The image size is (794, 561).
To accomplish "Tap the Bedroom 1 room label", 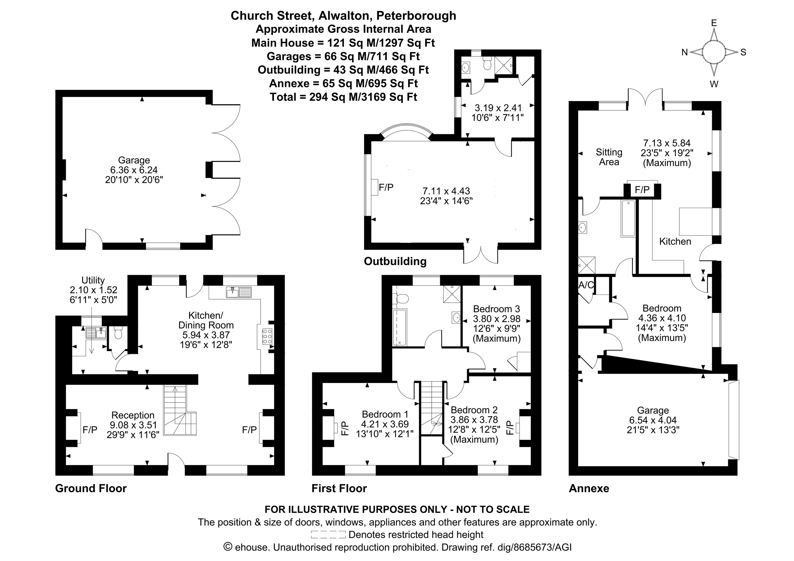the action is point(385,414).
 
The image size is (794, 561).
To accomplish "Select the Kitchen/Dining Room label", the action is point(206,320).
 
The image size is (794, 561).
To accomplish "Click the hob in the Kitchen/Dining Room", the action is point(267,336).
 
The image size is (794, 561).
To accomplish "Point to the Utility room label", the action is point(93,280).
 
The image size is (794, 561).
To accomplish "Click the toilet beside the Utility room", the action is point(118,333).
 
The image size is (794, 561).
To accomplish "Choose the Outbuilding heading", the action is point(395,261).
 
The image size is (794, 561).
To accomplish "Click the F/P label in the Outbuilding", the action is point(386,187).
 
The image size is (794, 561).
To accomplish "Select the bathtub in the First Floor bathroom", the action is point(400,327).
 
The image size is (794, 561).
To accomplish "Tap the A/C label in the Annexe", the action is point(586,285).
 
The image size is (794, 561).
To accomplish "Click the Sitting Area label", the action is point(609,157).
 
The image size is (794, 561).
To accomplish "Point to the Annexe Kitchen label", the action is point(675,241).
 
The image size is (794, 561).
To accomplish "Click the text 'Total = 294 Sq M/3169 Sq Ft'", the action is point(343,97).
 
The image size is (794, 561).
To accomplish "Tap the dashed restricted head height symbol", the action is point(328,535).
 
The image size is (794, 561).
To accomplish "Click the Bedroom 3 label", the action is point(497,309).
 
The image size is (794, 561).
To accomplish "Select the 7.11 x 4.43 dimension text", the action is point(446,191).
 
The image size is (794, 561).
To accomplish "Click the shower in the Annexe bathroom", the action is point(587,265).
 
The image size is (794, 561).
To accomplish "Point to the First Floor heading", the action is point(339,488).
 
